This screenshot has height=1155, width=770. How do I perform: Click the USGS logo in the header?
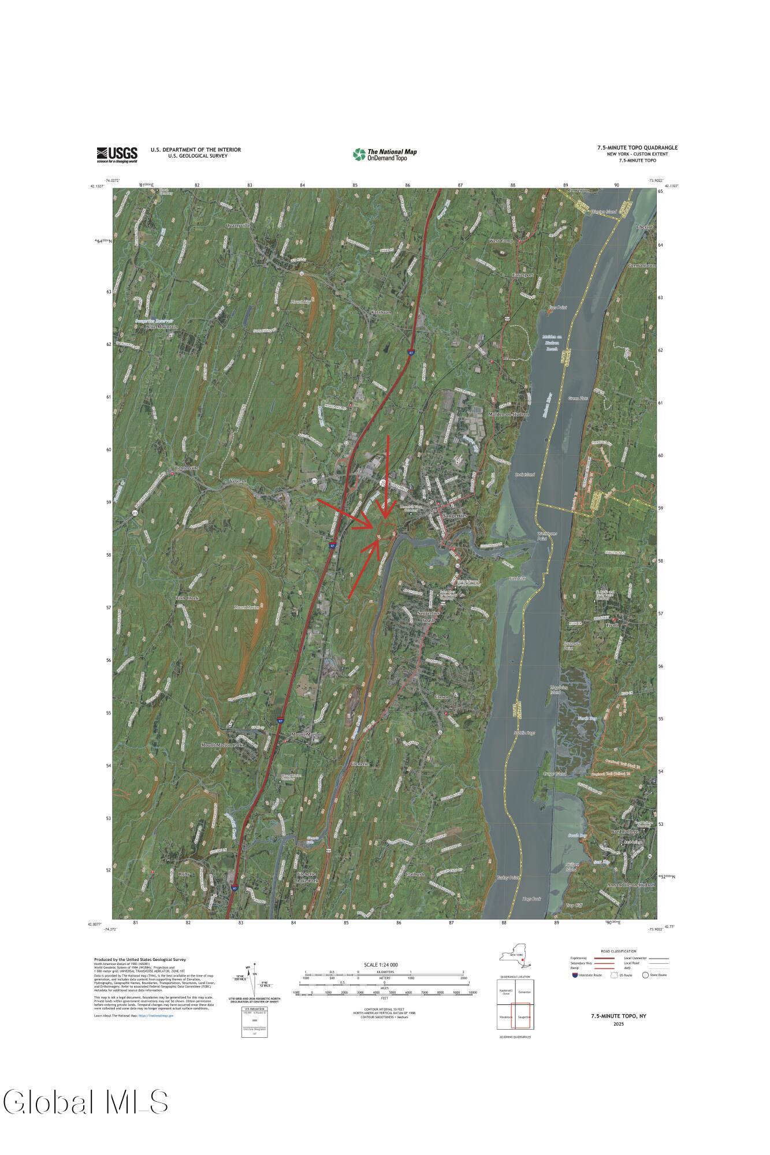pyautogui.click(x=117, y=154)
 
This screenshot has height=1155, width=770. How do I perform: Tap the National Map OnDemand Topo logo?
pyautogui.click(x=385, y=154)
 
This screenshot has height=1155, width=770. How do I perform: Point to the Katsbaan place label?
pyautogui.click(x=381, y=312)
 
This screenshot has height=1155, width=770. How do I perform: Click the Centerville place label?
pyautogui.click(x=187, y=468)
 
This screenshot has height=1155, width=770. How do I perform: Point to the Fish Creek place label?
pyautogui.click(x=188, y=598)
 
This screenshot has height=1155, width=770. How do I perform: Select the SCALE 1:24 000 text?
pyautogui.click(x=381, y=965)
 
